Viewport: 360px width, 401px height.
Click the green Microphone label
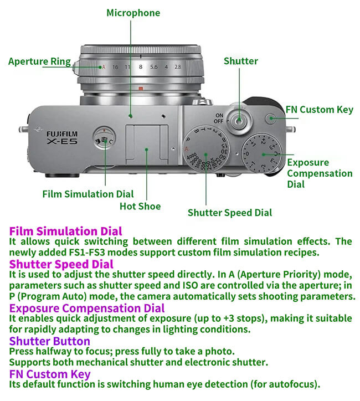tap(133, 13)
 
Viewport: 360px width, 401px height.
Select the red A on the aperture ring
tap(103, 67)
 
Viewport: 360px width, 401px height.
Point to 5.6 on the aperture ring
tap(153, 67)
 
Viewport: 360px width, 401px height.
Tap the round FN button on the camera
tap(270, 118)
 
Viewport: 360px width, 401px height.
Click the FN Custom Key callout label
tap(318, 109)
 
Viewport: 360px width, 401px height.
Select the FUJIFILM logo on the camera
tap(62, 133)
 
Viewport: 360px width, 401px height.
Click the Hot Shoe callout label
tap(140, 207)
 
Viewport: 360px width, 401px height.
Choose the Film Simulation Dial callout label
tap(88, 194)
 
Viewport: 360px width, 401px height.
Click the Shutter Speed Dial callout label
tap(230, 212)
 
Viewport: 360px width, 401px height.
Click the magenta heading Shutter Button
tap(49, 341)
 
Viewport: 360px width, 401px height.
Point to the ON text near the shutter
tap(219, 115)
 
